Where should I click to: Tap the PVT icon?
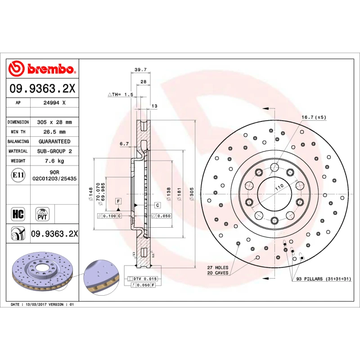coord(42,213)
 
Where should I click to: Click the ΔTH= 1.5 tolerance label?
coord(121,94)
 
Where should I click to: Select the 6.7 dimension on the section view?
coord(124,144)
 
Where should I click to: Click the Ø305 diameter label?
coord(191,193)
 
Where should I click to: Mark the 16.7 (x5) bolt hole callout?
coord(313,117)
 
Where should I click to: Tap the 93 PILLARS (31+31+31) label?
coord(323,279)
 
